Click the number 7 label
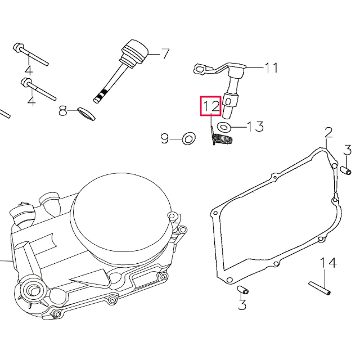(165, 54)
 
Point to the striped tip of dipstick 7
(100, 96)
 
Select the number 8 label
(64, 111)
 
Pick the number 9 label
(165, 138)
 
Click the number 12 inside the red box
(211, 105)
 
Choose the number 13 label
(255, 126)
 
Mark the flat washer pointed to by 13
(225, 126)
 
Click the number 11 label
(271, 68)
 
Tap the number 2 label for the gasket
(328, 133)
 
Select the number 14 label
(328, 262)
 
